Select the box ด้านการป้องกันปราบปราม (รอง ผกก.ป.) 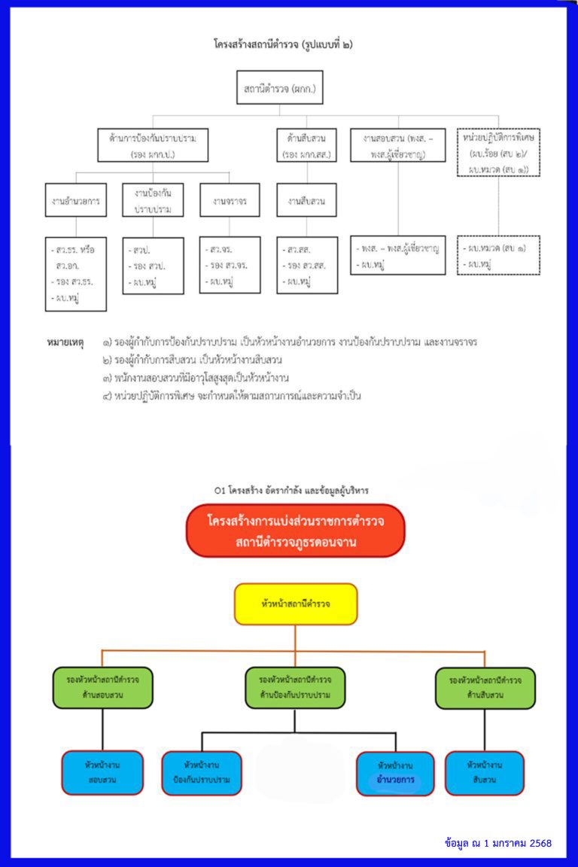[153, 146]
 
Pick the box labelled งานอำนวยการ [75, 200]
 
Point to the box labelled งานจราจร [230, 200]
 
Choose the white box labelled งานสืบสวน [306, 200]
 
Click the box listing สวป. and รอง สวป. [153, 266]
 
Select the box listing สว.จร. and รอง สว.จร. [230, 265]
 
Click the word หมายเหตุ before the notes [65, 342]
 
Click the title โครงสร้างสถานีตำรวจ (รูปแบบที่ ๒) [283, 44]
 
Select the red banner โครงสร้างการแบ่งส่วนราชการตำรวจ [295, 531]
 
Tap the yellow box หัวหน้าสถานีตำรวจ [296, 604]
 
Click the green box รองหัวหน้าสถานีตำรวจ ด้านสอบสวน [102, 687]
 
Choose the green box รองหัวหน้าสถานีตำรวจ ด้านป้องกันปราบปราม [295, 687]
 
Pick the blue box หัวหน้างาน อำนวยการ [395, 773]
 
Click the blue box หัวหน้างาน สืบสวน [485, 773]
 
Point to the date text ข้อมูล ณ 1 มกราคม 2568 [498, 843]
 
